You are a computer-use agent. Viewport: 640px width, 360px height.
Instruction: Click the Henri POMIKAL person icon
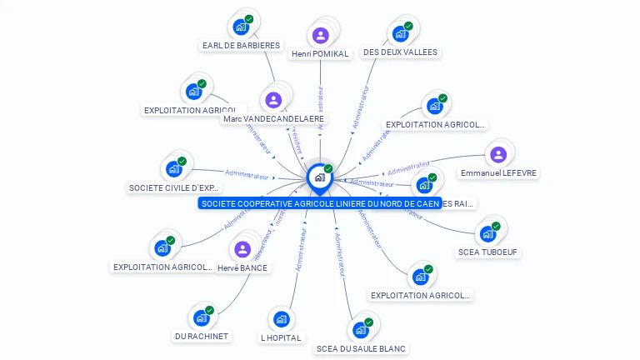321,35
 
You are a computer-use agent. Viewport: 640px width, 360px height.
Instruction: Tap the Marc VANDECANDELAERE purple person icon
273,100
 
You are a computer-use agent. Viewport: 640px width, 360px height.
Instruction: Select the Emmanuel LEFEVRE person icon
498,154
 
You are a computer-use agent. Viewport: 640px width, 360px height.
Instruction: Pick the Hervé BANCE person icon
242,249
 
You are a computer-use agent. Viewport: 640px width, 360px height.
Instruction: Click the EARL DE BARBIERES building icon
241,27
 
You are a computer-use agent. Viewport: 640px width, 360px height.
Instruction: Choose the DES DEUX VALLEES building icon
400,33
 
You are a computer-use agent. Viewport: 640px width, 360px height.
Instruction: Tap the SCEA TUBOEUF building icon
487,233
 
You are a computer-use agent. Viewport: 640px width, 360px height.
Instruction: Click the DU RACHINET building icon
201,317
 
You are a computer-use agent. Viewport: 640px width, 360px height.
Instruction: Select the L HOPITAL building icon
281,318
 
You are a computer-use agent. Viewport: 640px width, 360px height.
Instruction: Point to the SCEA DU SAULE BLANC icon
361,329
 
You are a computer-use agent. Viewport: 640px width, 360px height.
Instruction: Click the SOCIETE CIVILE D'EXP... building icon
174,169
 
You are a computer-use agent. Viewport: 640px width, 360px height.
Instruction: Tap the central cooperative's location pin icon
319,177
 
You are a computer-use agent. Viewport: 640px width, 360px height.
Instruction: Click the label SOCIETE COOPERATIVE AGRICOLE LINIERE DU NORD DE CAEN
320,203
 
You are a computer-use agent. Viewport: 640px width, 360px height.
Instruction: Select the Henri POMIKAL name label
320,54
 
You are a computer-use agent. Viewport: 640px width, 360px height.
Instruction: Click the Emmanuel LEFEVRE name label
498,173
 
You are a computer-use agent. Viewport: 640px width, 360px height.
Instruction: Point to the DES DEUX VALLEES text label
400,52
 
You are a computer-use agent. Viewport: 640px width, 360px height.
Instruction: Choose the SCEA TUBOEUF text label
487,252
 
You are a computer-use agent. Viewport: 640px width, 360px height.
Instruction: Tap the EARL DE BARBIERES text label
241,45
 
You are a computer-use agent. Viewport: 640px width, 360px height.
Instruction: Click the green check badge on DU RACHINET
209,310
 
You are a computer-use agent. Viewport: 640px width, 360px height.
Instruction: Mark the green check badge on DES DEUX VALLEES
408,26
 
